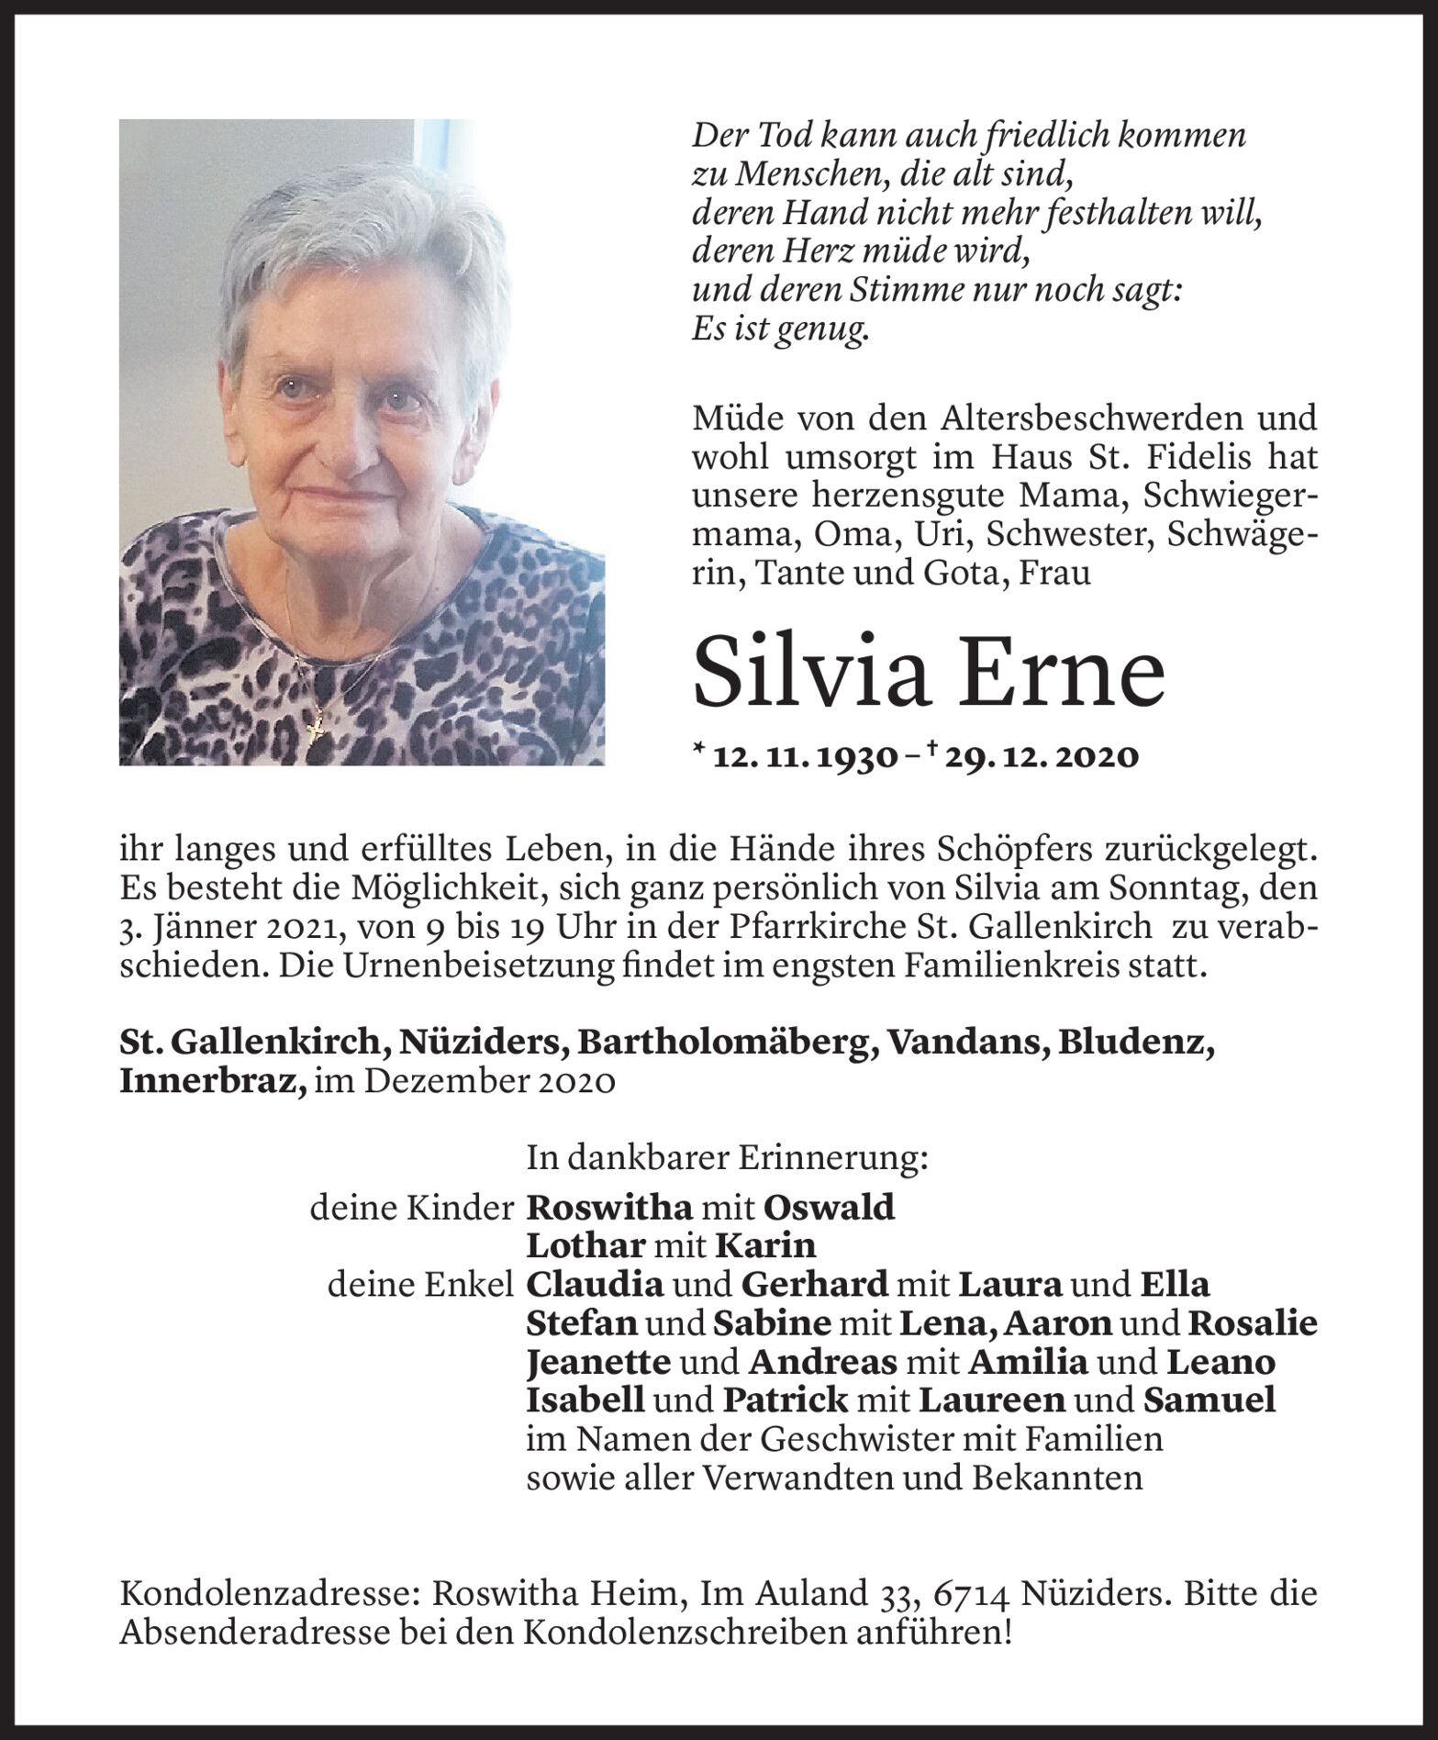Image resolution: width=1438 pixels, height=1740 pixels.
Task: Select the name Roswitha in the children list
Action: [608, 1208]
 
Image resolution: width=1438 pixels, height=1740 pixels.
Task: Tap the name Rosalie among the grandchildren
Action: [1252, 1323]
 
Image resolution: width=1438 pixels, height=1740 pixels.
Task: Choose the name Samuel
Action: [1209, 1400]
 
